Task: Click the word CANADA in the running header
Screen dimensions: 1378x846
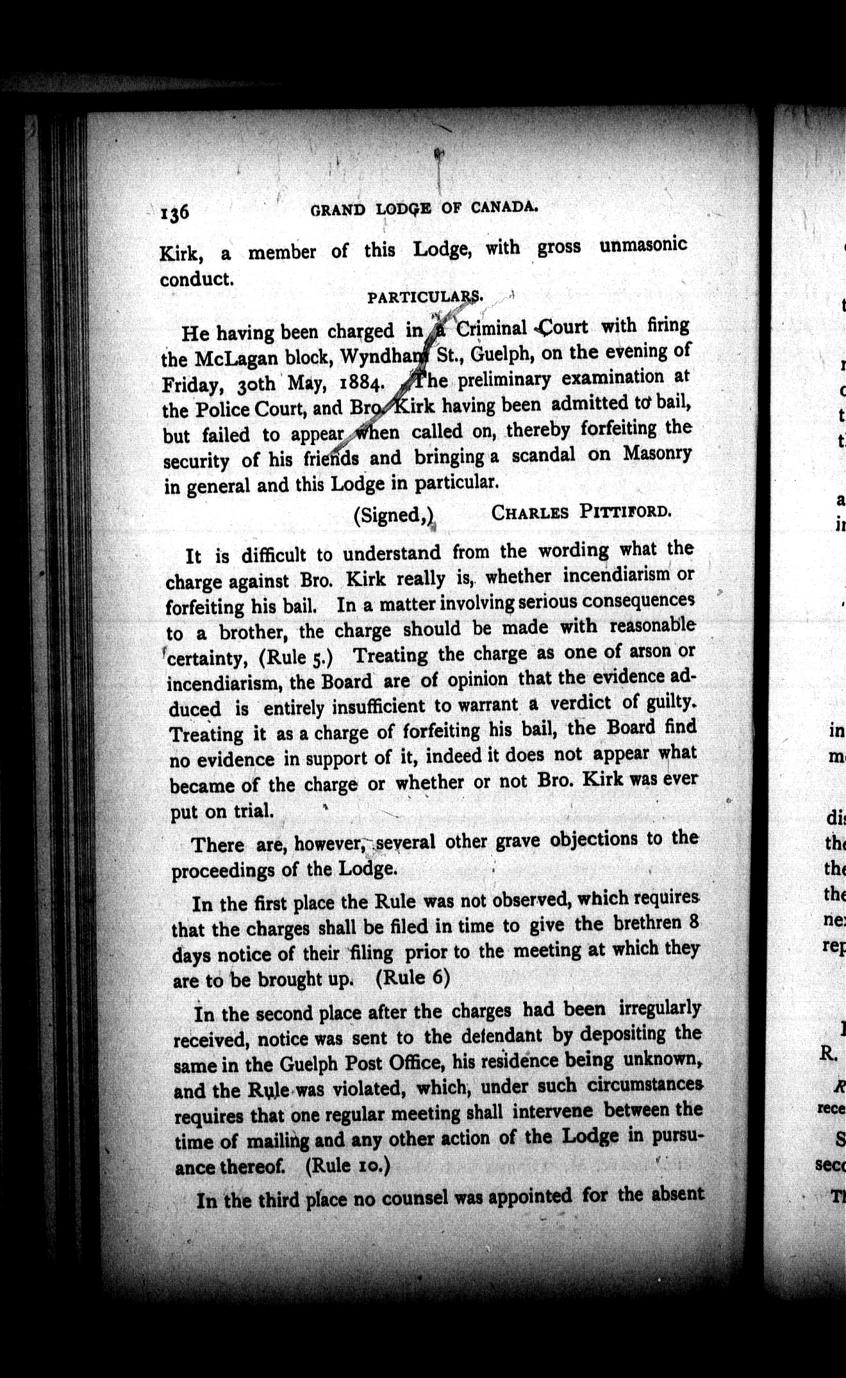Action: [503, 206]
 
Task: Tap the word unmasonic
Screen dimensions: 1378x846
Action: [643, 245]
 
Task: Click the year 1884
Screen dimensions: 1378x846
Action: [355, 383]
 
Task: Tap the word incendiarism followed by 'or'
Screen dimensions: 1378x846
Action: [617, 575]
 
